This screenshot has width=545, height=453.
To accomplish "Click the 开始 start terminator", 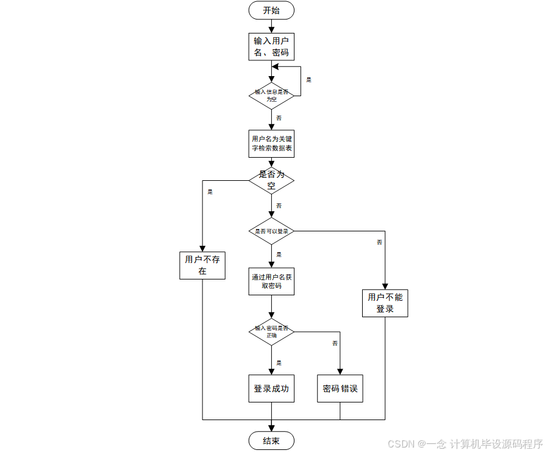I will click(x=271, y=10).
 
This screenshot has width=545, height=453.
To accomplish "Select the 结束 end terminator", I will click(x=271, y=441).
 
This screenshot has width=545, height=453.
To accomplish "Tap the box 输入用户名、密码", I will click(x=271, y=47).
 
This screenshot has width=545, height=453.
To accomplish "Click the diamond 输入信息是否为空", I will click(x=271, y=95).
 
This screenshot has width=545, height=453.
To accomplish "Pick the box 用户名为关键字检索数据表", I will click(x=271, y=143).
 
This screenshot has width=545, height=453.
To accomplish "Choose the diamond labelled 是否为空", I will click(x=271, y=180).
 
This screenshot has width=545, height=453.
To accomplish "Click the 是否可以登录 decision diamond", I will click(x=271, y=231).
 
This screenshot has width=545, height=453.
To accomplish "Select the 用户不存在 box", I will click(x=202, y=265).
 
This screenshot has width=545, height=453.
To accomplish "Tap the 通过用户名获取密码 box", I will click(x=271, y=281).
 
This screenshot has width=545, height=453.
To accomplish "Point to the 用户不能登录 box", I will click(x=385, y=303).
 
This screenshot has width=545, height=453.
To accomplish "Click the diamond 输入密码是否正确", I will click(x=271, y=332).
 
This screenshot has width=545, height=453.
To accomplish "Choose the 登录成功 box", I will click(x=271, y=388).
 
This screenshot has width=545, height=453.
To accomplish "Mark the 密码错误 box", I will click(x=340, y=388).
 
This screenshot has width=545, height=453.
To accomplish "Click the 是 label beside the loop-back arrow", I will click(x=308, y=80).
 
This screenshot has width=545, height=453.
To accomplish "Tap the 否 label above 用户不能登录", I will click(x=379, y=242).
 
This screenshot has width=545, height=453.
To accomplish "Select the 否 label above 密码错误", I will click(x=335, y=344).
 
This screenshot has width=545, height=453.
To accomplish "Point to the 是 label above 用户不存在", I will click(x=210, y=192).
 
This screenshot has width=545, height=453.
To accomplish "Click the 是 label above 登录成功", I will click(x=279, y=362).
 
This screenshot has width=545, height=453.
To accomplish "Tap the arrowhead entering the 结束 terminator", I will click(x=271, y=429).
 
